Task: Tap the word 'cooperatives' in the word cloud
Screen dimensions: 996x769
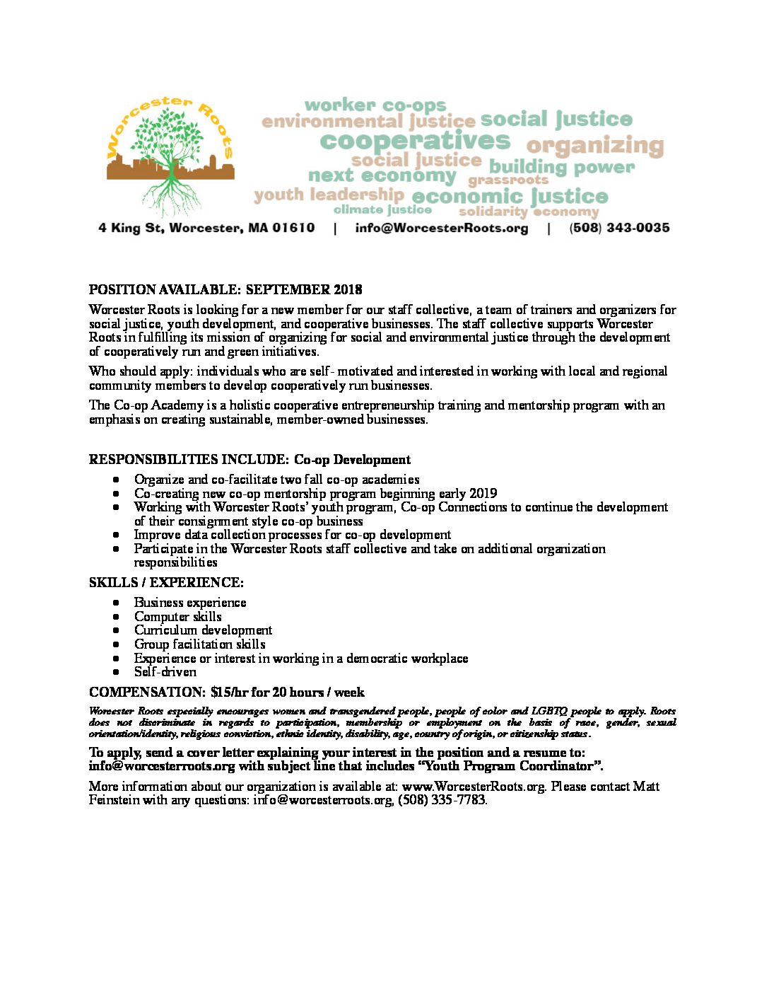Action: (415, 141)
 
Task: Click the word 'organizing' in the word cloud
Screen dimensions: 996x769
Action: (594, 146)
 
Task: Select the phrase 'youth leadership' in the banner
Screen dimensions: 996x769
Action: (329, 195)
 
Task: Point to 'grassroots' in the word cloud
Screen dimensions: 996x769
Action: (507, 181)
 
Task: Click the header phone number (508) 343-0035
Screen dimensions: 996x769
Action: (619, 228)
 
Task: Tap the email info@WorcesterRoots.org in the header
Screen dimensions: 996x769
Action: (441, 228)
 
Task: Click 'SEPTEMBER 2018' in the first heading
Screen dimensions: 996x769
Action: (304, 289)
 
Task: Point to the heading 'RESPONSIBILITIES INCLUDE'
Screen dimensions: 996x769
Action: (188, 460)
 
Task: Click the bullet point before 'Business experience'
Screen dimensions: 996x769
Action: (115, 603)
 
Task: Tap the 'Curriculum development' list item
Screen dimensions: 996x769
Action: (203, 630)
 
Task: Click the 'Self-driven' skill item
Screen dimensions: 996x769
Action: (165, 672)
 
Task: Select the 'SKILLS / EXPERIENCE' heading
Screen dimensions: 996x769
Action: (166, 583)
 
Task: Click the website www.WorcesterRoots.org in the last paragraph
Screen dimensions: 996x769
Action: (474, 787)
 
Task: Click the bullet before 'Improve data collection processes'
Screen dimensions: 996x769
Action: (115, 535)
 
